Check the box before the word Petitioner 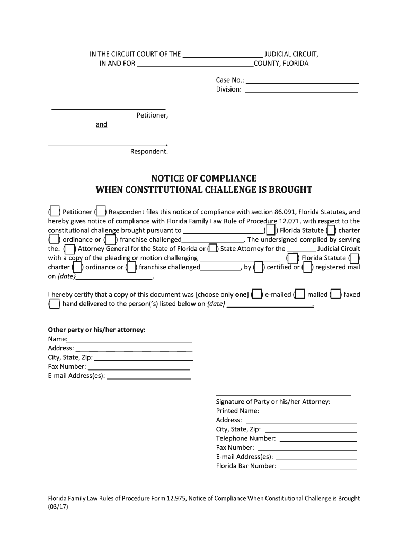55,212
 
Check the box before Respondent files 101,212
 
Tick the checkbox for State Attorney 212,249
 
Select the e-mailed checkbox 257,294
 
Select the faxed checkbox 336,294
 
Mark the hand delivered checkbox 55,304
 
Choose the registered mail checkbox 307,267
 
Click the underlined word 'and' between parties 101,124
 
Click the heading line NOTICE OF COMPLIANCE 204,178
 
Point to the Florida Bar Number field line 318,467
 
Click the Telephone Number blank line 318,440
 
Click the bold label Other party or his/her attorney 97,330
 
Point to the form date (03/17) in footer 58,507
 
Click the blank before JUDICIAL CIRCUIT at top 223,55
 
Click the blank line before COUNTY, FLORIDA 195,65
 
